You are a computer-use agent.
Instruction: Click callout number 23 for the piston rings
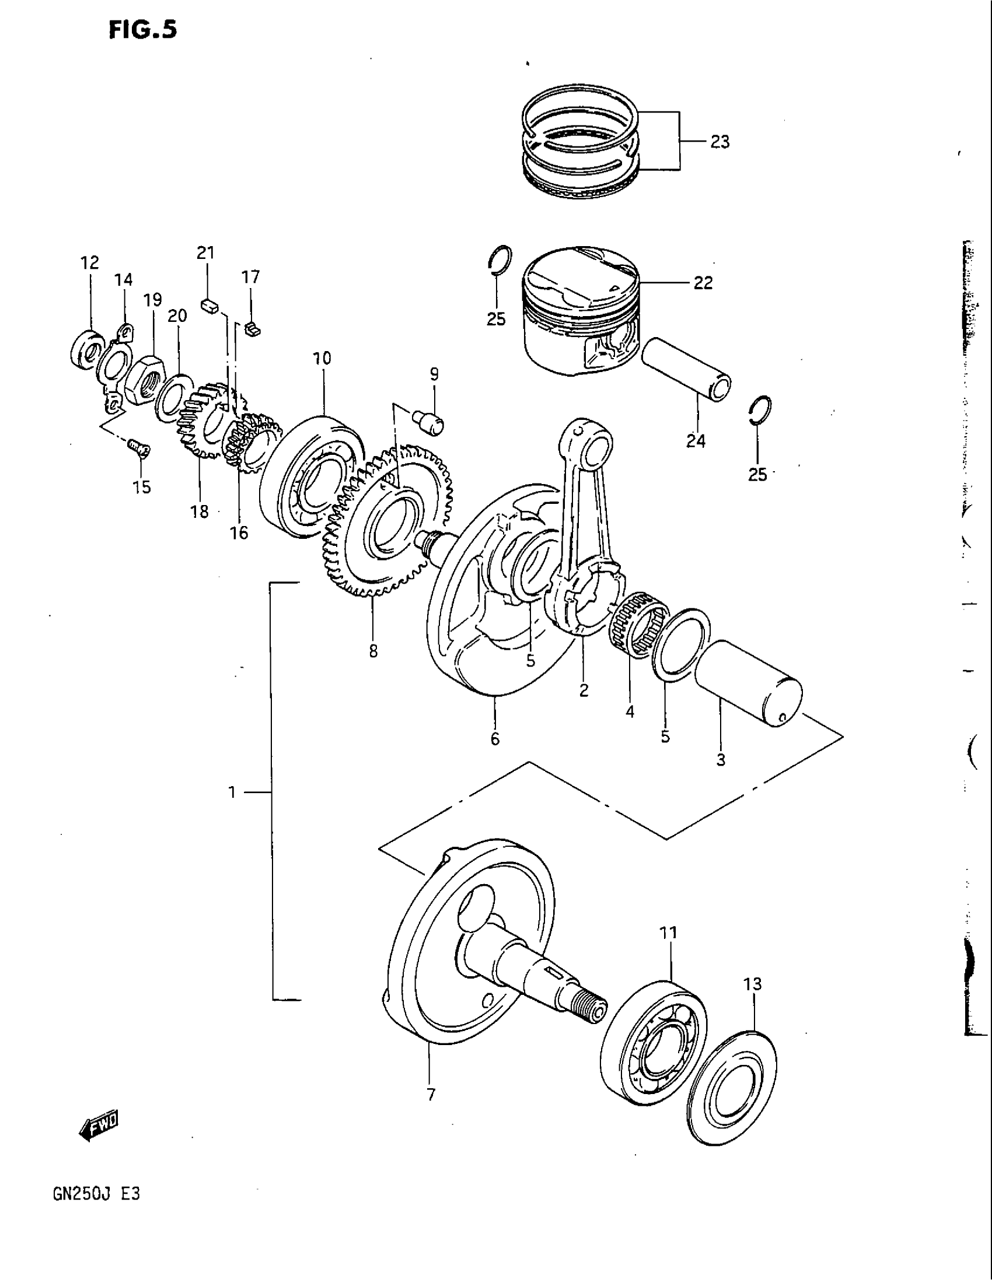(719, 142)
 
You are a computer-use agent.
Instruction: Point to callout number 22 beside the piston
(703, 283)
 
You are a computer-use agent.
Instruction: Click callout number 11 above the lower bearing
(669, 933)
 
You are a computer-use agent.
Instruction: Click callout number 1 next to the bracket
(233, 793)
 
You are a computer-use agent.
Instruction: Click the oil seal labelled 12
(86, 352)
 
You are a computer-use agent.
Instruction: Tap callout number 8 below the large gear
(373, 651)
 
